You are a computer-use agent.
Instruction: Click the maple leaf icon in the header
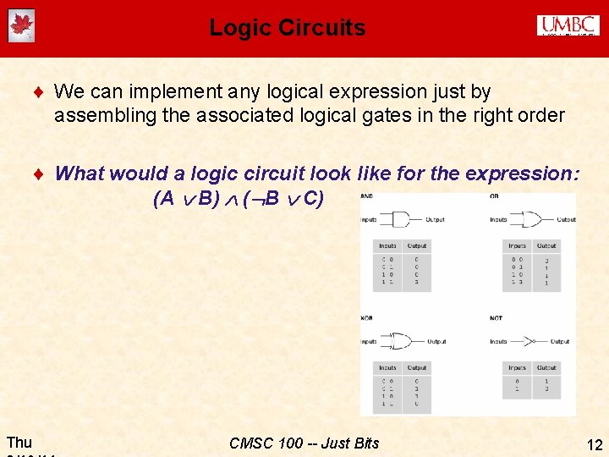tap(21, 26)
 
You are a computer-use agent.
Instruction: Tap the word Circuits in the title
tap(324, 27)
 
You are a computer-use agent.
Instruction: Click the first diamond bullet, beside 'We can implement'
tap(39, 91)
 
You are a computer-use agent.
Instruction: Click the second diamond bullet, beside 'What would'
tap(39, 173)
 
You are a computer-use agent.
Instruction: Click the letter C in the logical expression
tap(312, 199)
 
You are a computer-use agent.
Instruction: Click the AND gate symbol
tap(403, 220)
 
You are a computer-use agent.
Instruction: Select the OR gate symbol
tap(530, 220)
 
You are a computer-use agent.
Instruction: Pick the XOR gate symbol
tap(403, 342)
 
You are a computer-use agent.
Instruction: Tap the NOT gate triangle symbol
tap(526, 342)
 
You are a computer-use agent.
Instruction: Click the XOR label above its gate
tap(366, 317)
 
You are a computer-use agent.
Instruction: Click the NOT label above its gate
tap(496, 317)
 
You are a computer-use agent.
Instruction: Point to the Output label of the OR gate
tap(566, 220)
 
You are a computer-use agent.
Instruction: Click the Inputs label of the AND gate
tap(369, 220)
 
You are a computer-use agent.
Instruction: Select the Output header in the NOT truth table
tap(546, 368)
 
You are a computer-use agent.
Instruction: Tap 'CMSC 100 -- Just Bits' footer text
tap(304, 443)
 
